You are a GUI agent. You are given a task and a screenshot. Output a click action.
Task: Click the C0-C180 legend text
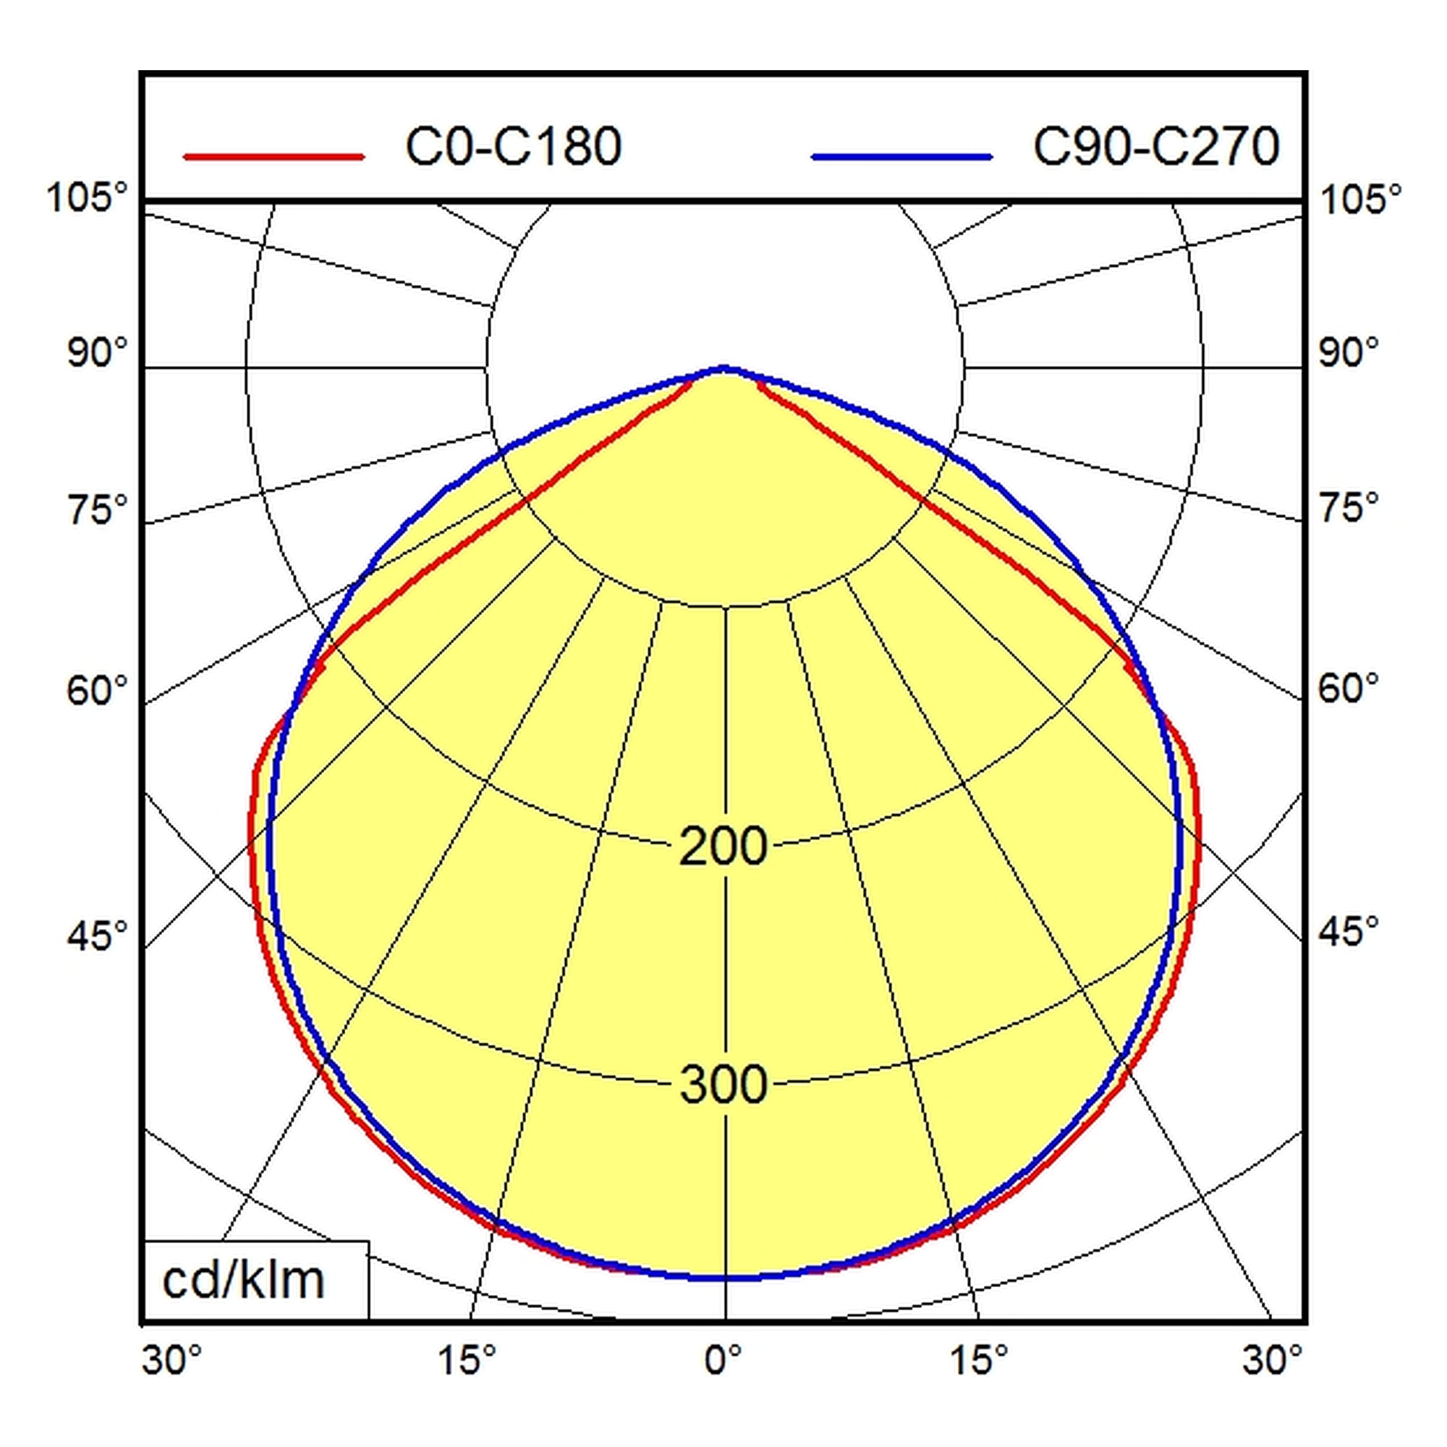tap(513, 147)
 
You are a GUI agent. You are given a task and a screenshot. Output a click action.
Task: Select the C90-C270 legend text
tap(1156, 147)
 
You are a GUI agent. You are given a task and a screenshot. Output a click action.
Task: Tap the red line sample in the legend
tap(274, 156)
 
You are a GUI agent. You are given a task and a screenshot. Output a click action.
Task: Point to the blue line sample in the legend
tap(901, 156)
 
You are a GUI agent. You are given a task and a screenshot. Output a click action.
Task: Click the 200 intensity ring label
tap(723, 846)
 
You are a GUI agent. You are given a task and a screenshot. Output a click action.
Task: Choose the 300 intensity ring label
tap(723, 1084)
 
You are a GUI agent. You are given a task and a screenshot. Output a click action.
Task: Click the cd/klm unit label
tap(243, 1280)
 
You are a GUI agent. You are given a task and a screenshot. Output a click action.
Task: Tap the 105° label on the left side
tap(88, 198)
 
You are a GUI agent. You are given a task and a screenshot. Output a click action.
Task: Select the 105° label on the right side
tap(1360, 200)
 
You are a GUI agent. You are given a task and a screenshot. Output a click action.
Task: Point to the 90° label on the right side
tap(1349, 352)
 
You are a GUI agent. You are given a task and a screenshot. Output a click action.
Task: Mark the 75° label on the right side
tap(1349, 508)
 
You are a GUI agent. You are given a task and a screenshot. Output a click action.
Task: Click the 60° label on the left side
tap(98, 689)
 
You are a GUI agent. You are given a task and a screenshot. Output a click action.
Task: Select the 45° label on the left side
tap(98, 935)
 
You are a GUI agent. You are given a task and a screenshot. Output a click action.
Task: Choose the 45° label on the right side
tap(1349, 931)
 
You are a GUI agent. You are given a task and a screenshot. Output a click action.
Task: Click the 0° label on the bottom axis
tap(723, 1360)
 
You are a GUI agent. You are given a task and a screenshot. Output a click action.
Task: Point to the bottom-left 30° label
tap(172, 1360)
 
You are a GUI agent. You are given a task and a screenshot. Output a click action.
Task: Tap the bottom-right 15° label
tap(979, 1360)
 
